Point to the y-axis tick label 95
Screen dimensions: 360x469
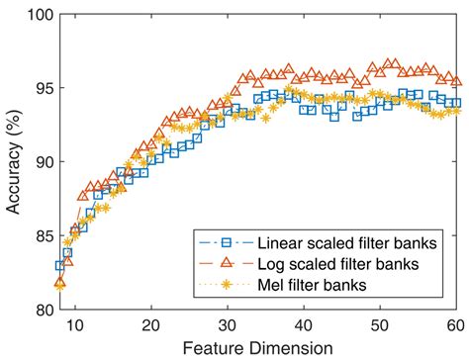click(x=40, y=87)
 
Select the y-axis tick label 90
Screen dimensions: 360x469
click(x=40, y=161)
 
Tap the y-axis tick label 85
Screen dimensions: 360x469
click(x=40, y=235)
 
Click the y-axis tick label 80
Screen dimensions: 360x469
click(x=40, y=309)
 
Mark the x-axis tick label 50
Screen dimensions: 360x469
click(x=379, y=324)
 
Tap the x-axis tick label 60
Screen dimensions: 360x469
click(x=454, y=324)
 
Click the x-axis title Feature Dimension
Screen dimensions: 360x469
click(x=256, y=347)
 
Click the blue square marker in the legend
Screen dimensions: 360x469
click(x=226, y=242)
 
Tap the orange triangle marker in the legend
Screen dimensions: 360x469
click(x=226, y=262)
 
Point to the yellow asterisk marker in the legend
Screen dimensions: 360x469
click(x=226, y=284)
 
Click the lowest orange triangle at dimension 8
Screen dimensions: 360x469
click(x=59, y=283)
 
